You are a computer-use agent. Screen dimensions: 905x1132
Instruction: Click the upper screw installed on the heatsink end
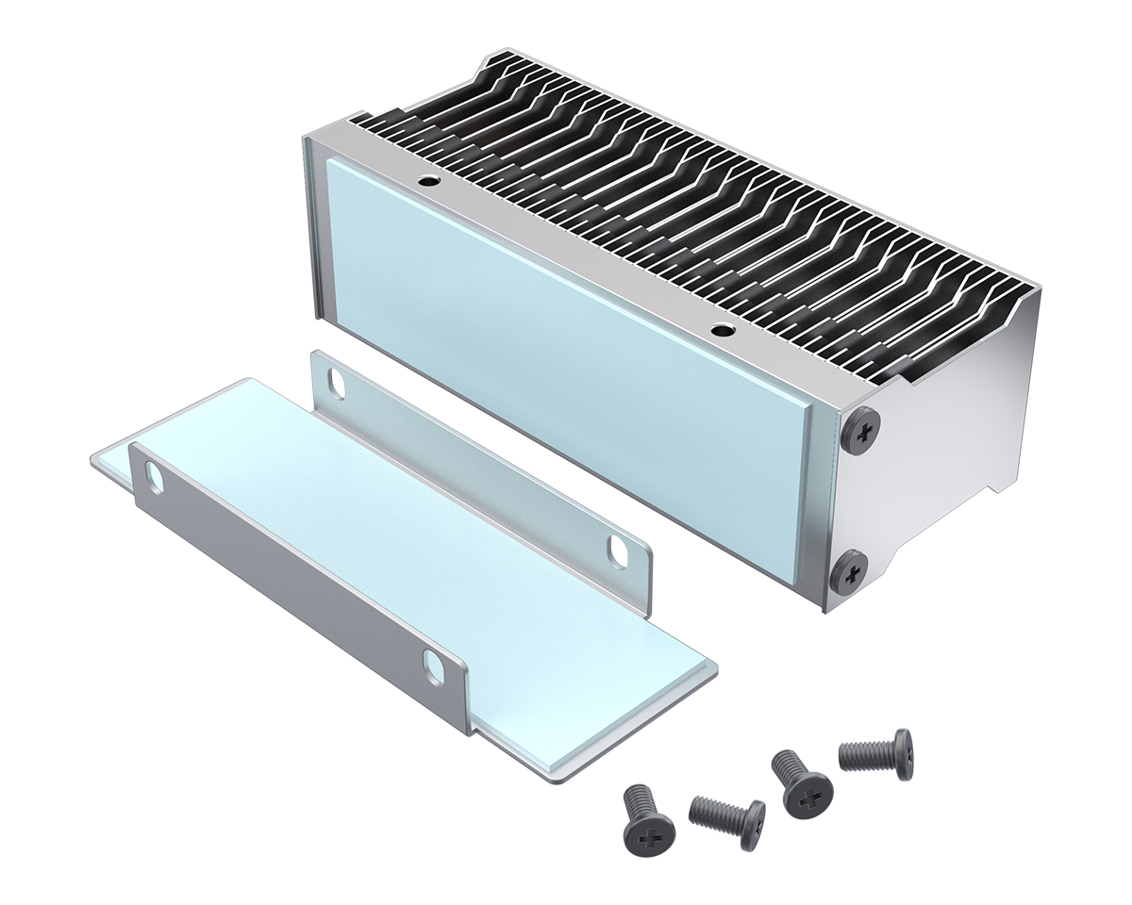[860, 431]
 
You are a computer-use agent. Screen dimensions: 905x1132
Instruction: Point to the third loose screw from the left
[801, 784]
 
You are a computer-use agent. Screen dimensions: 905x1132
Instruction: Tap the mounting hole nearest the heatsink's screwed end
[722, 331]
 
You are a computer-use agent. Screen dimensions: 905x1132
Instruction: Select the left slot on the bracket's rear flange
[336, 382]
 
